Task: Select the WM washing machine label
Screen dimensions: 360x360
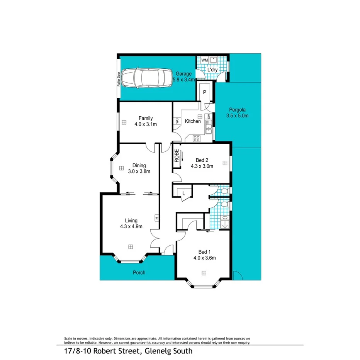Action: click(x=204, y=60)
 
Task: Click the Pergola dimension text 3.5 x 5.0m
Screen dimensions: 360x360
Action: click(x=237, y=115)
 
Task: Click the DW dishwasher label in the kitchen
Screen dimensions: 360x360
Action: click(x=209, y=116)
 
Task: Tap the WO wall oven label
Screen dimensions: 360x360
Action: click(x=177, y=121)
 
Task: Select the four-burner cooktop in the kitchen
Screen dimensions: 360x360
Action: click(x=197, y=138)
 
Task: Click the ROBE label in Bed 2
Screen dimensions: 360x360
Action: click(x=177, y=156)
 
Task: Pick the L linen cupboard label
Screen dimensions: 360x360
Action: click(x=184, y=192)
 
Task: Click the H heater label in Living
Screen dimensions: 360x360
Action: click(x=156, y=218)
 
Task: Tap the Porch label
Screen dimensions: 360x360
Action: click(x=139, y=273)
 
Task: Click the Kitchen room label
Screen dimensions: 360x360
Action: click(x=193, y=121)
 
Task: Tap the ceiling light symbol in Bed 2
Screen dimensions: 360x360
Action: click(x=224, y=163)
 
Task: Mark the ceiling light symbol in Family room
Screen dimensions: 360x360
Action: click(x=124, y=122)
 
